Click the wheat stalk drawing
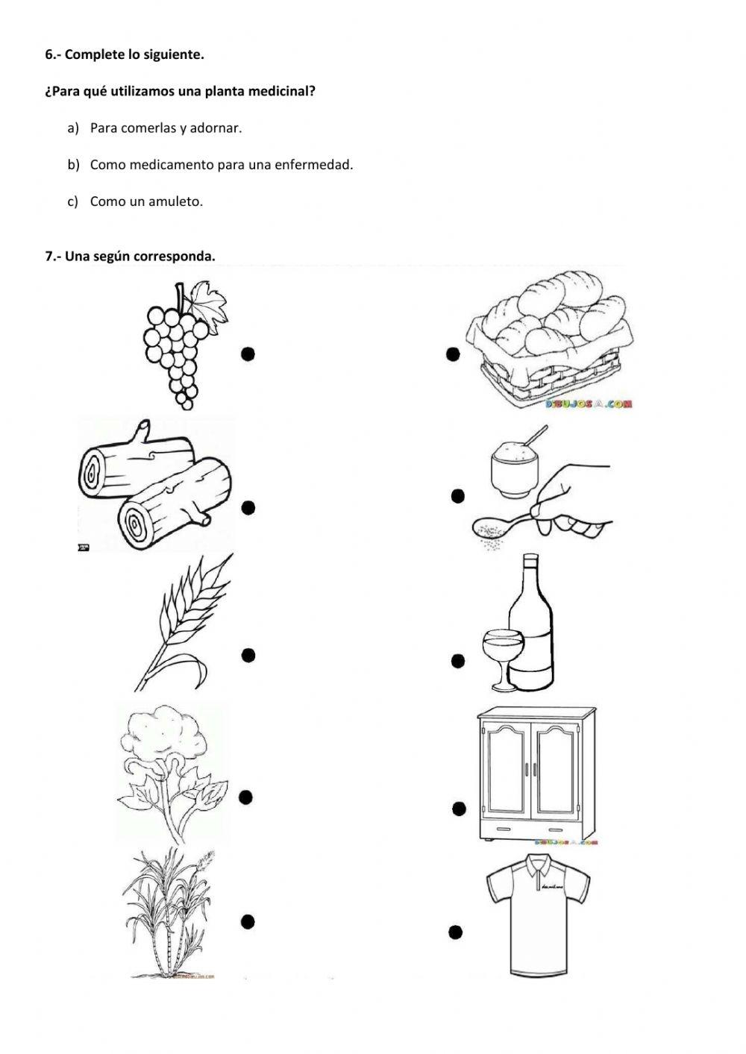click(184, 623)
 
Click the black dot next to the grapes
click(248, 354)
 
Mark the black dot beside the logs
click(248, 508)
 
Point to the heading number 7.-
click(53, 257)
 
